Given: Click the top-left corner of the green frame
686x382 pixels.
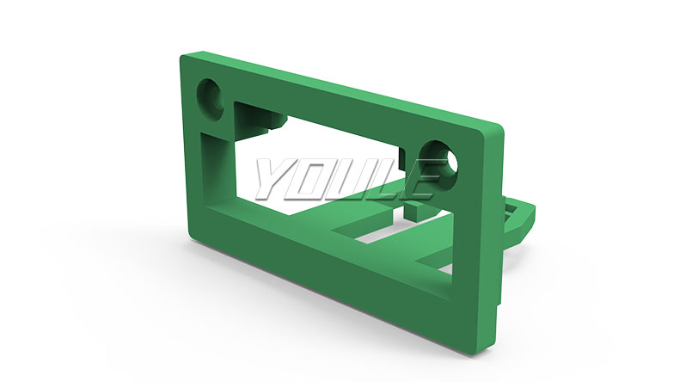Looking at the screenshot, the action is (x=181, y=56).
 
